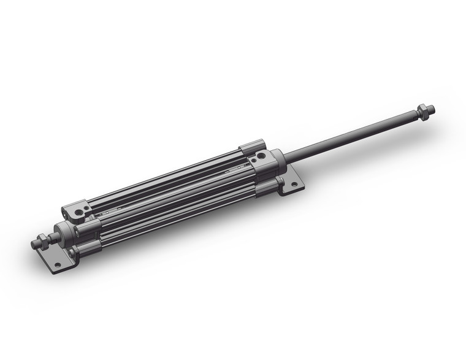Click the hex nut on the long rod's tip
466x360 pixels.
(422, 112)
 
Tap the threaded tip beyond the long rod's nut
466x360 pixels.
(432, 109)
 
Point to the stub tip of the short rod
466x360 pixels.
(34, 245)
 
